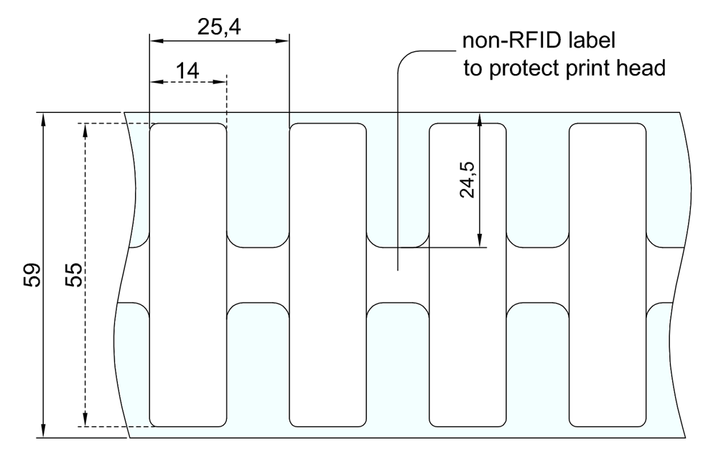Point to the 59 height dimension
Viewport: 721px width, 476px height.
32,275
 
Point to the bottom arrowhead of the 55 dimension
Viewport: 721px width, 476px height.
85,420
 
